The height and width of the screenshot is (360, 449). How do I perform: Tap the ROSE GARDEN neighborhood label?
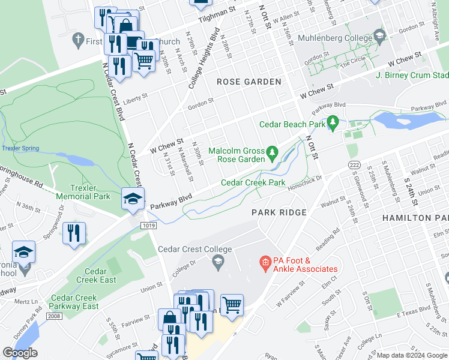(x=249, y=82)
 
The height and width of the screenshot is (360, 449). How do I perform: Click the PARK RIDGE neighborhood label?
(x=279, y=212)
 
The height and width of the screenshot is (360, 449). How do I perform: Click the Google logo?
(x=20, y=353)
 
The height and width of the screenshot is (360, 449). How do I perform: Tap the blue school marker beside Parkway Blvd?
(x=133, y=199)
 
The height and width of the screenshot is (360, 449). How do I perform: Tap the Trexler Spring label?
(x=19, y=148)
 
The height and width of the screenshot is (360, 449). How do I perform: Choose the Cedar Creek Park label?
(x=253, y=182)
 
